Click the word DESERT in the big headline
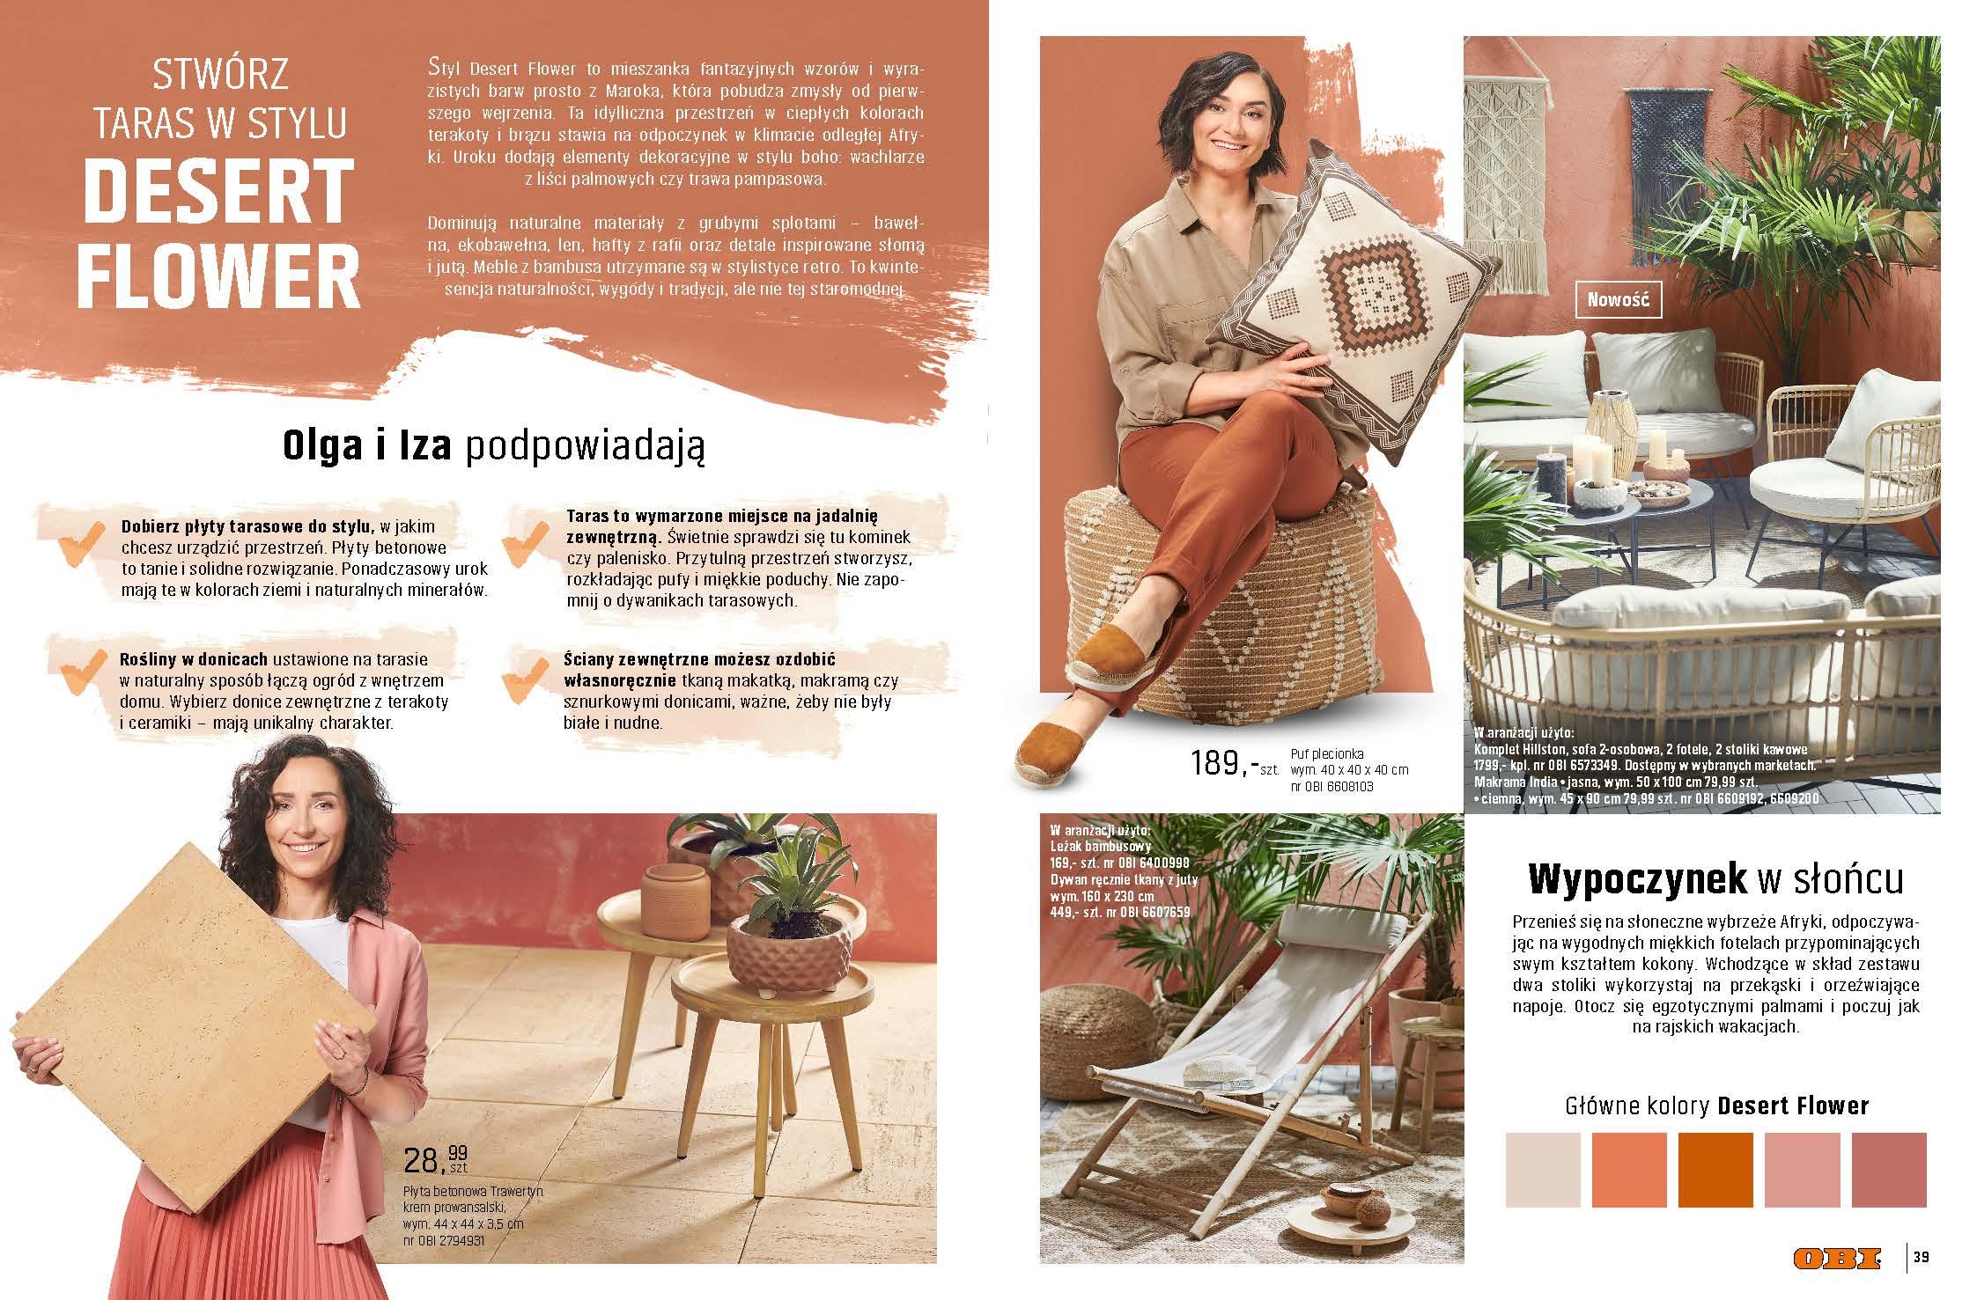(218, 191)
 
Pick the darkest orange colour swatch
(1715, 1170)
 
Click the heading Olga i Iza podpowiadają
(493, 446)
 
